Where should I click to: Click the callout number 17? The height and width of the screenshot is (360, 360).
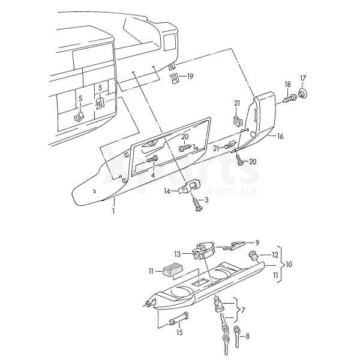[x=303, y=79]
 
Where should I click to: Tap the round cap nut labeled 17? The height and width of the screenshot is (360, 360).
[x=303, y=94]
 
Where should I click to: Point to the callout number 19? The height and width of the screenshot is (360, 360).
[x=190, y=76]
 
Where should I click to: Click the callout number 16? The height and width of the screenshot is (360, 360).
[x=280, y=136]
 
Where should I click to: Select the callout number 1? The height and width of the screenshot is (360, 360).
[x=113, y=211]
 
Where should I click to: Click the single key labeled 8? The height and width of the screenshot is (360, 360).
[x=237, y=336]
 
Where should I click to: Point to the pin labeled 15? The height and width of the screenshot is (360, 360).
[x=179, y=319]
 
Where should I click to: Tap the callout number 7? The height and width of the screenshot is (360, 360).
[x=243, y=310]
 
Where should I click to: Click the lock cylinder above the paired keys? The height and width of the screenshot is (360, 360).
[x=218, y=305]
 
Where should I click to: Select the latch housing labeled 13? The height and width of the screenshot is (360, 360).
[x=203, y=250]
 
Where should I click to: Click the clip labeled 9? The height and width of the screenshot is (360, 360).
[x=234, y=245]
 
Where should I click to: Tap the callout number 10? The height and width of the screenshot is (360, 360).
[x=289, y=265]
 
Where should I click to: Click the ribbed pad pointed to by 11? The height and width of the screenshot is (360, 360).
[x=172, y=271]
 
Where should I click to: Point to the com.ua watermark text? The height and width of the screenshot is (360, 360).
[x=233, y=191]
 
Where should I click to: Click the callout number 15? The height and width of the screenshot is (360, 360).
[x=179, y=332]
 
